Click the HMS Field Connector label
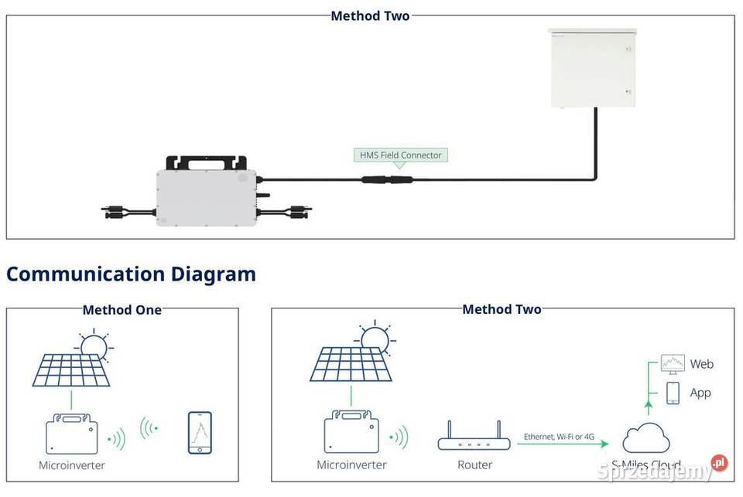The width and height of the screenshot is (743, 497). coord(400,155)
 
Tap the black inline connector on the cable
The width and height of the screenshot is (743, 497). coord(387,180)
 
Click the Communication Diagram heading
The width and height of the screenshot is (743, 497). coord(131,274)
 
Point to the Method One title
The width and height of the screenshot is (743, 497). coord(122,310)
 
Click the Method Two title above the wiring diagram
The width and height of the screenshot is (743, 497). coord(370,15)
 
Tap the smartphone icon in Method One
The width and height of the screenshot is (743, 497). coord(200,433)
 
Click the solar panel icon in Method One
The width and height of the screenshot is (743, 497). coord(71,369)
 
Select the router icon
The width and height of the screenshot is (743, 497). coord(474,440)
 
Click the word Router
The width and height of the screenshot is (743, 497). coord(474,465)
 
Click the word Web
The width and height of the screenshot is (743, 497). coord(701,364)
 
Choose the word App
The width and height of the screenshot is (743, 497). coord(700,393)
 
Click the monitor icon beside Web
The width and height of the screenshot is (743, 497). coord(673,363)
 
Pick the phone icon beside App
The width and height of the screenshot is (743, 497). coord(673,393)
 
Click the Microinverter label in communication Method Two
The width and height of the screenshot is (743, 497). coord(351,465)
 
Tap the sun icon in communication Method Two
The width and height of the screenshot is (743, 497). coord(375,339)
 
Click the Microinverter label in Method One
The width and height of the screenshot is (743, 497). coord(72,465)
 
